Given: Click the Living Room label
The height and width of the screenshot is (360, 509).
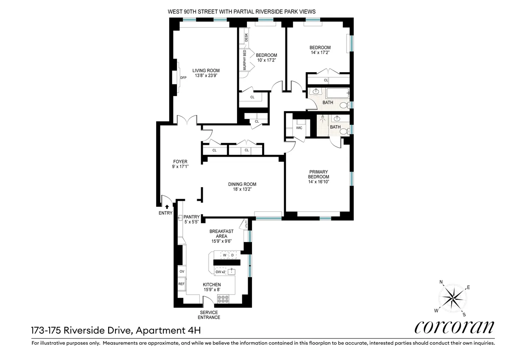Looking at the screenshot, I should tap(206, 70).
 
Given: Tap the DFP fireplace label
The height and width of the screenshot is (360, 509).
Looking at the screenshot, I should tap(183, 78).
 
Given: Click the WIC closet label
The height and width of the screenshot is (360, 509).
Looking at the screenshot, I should tap(299, 128).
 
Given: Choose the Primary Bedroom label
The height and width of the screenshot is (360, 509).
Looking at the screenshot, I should tap(319, 174).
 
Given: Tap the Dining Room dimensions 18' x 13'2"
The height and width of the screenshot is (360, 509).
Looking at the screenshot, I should tap(242, 190).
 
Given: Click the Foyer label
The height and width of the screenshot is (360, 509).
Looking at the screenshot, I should tap(180, 162).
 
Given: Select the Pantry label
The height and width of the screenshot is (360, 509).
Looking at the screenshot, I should tap(191, 217).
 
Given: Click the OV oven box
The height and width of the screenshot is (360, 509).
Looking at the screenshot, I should tap(182, 271).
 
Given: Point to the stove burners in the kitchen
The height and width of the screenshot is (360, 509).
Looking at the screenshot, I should tap(223, 299).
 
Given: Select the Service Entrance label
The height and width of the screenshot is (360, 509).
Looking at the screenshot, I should tap(210, 315).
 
